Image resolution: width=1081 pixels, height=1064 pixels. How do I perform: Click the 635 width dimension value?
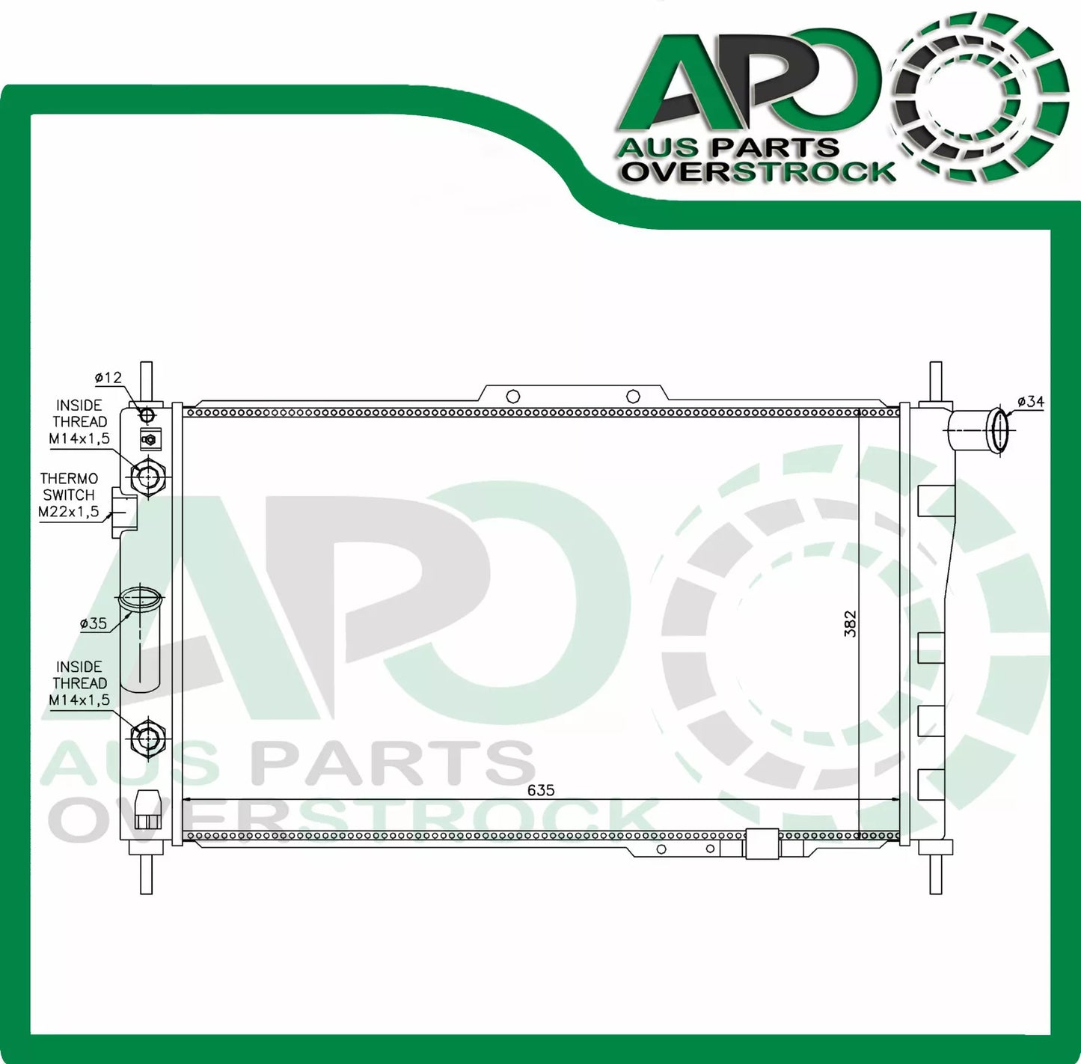(540, 790)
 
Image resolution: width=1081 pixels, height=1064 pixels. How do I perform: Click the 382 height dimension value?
(850, 623)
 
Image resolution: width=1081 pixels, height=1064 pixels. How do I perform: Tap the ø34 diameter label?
(1030, 402)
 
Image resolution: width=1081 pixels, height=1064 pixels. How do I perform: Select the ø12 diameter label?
(108, 378)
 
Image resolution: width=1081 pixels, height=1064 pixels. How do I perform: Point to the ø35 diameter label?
(94, 623)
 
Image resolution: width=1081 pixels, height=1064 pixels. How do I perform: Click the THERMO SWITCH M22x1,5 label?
(69, 495)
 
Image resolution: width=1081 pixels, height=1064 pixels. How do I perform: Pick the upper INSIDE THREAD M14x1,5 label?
(79, 422)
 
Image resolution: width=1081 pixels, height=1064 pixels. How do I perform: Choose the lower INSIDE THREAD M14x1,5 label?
(79, 683)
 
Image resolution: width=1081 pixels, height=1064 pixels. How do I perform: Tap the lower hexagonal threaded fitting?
(147, 739)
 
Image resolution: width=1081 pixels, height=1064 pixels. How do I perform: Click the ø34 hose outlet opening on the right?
(998, 430)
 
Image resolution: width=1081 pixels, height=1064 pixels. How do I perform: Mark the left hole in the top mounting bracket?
(512, 397)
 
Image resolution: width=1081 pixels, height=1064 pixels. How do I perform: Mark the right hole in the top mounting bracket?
(633, 397)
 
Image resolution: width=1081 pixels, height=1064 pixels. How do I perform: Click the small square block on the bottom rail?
(762, 844)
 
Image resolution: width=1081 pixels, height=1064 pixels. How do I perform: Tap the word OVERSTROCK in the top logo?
(759, 172)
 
